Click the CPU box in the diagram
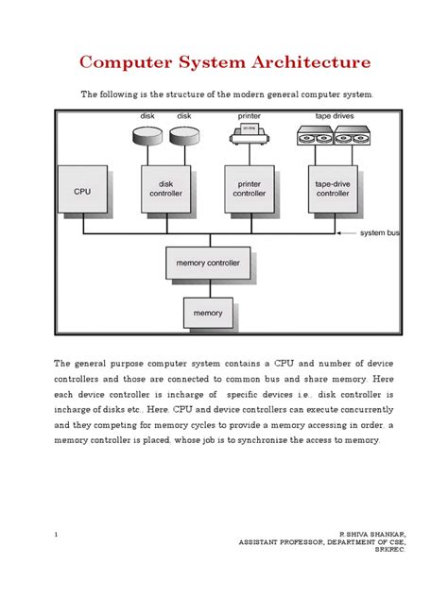click(x=83, y=191)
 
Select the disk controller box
click(x=165, y=189)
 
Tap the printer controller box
click(x=249, y=189)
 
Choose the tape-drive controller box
click(x=332, y=189)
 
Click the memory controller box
click(x=208, y=263)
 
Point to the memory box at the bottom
click(x=208, y=313)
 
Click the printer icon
click(x=249, y=136)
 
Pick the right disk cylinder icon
click(x=184, y=137)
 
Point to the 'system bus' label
click(x=380, y=232)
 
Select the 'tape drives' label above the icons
click(x=334, y=117)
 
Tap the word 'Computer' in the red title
click(x=118, y=63)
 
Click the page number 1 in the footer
click(x=57, y=535)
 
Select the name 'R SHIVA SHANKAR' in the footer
click(x=379, y=535)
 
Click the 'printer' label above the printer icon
click(x=249, y=117)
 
